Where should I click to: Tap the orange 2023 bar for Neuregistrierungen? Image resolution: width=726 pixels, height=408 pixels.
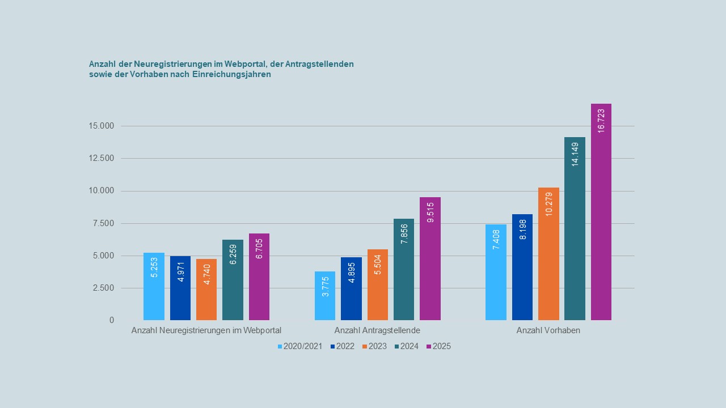coord(206,290)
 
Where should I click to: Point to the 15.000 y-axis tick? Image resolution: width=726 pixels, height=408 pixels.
coord(102,126)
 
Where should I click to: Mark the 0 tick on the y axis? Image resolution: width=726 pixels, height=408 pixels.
coord(112,320)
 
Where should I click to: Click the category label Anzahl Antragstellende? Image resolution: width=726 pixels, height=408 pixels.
coord(377,330)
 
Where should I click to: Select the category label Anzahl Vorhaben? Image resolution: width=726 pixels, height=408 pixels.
coord(548,330)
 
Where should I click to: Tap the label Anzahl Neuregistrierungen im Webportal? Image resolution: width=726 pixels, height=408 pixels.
coord(206,330)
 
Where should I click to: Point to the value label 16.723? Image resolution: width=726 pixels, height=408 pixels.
coord(601,121)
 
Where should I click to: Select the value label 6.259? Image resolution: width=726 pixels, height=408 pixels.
coord(233,254)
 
